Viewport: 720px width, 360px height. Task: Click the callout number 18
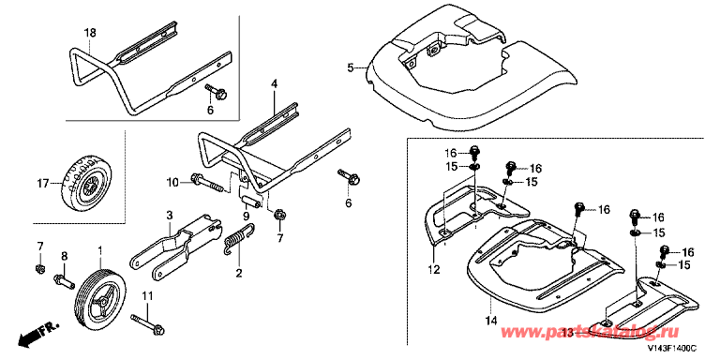tap(90, 33)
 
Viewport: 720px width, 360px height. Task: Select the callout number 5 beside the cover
tap(351, 68)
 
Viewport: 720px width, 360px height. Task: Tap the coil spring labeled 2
tap(239, 238)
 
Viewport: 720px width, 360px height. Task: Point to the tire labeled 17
tap(87, 183)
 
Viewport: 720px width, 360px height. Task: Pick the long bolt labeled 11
tap(147, 323)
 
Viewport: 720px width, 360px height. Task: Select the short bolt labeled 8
tap(64, 281)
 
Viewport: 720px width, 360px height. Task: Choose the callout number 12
tap(433, 269)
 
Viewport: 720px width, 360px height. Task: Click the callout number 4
tap(274, 84)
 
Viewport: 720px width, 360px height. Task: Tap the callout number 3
tap(169, 216)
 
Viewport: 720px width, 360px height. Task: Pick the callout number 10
tap(172, 183)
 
